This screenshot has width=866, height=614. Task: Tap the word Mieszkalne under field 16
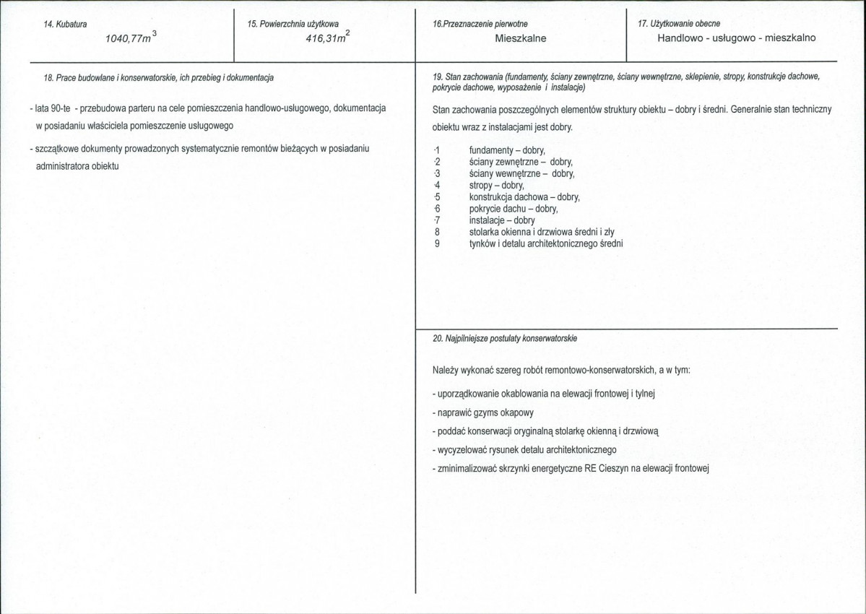521,38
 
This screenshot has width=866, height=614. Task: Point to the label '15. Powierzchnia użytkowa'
293,24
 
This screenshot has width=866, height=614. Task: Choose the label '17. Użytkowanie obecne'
679,24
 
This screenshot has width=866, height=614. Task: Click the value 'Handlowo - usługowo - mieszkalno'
736,38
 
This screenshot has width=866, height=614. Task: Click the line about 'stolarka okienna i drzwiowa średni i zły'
542,232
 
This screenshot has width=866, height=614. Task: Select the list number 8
438,232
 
